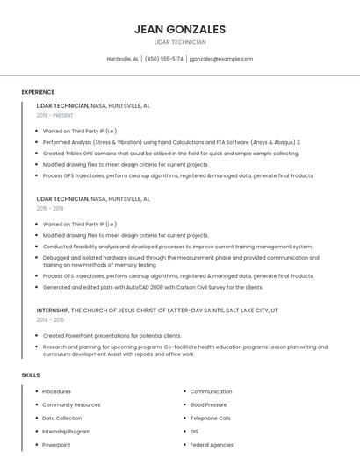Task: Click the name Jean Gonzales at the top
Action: (180, 29)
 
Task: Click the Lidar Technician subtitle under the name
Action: (180, 42)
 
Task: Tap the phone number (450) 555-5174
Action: (164, 59)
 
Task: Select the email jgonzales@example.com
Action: (221, 59)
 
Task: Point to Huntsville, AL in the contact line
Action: (123, 59)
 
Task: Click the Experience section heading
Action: (38, 91)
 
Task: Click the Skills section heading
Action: (31, 375)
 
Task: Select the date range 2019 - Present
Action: (55, 115)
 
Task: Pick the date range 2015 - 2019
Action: (50, 208)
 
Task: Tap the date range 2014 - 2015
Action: (50, 319)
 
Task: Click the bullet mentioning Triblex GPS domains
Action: (171, 153)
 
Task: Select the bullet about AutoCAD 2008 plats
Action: (153, 287)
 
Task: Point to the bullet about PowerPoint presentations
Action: (112, 335)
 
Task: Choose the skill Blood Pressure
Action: (208, 404)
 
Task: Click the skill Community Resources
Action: (71, 404)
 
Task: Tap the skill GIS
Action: (194, 432)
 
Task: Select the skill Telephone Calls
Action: (211, 418)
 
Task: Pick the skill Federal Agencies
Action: (212, 445)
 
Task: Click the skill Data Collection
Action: (62, 418)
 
